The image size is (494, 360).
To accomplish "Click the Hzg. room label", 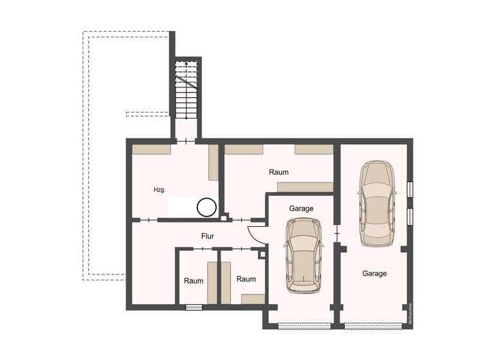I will tap(160, 190).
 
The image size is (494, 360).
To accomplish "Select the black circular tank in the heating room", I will tap(207, 207).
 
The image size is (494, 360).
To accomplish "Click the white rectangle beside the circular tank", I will tap(182, 207).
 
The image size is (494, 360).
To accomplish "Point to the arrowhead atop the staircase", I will tap(186, 64).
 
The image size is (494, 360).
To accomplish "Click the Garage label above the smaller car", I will tap(301, 208).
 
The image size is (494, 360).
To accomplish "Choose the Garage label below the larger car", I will tap(374, 273).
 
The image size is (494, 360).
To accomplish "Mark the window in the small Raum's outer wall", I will tap(194, 307).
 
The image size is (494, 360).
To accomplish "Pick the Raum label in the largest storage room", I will tap(279, 172).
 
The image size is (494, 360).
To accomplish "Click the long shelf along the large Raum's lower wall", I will tap(305, 187).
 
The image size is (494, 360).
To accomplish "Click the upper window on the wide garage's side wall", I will tap(410, 190).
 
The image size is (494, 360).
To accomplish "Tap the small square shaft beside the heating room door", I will tap(223, 218).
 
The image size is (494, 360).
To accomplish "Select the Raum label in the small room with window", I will tap(194, 281).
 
